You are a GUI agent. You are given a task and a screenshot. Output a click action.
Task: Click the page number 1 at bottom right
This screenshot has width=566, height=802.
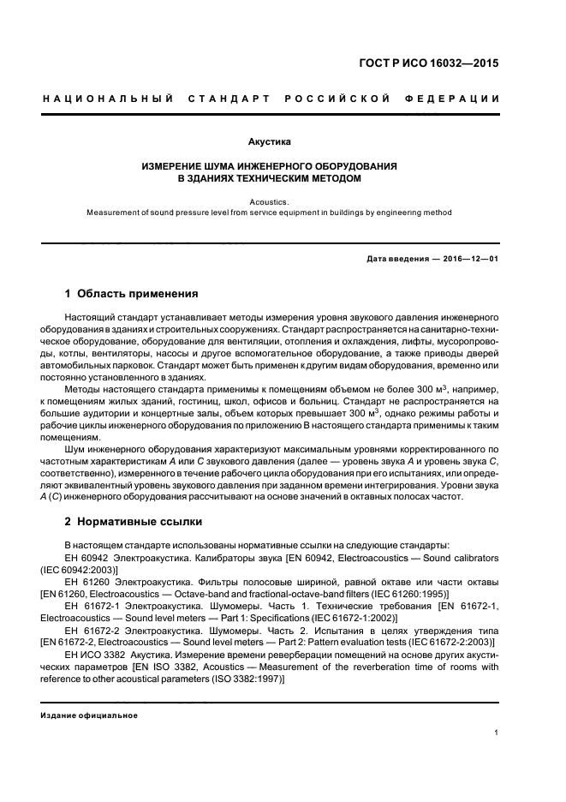click(497, 733)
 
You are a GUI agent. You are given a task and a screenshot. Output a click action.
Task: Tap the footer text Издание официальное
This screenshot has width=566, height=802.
click(89, 715)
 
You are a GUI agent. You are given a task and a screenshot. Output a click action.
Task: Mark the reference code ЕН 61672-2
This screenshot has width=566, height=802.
click(92, 628)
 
